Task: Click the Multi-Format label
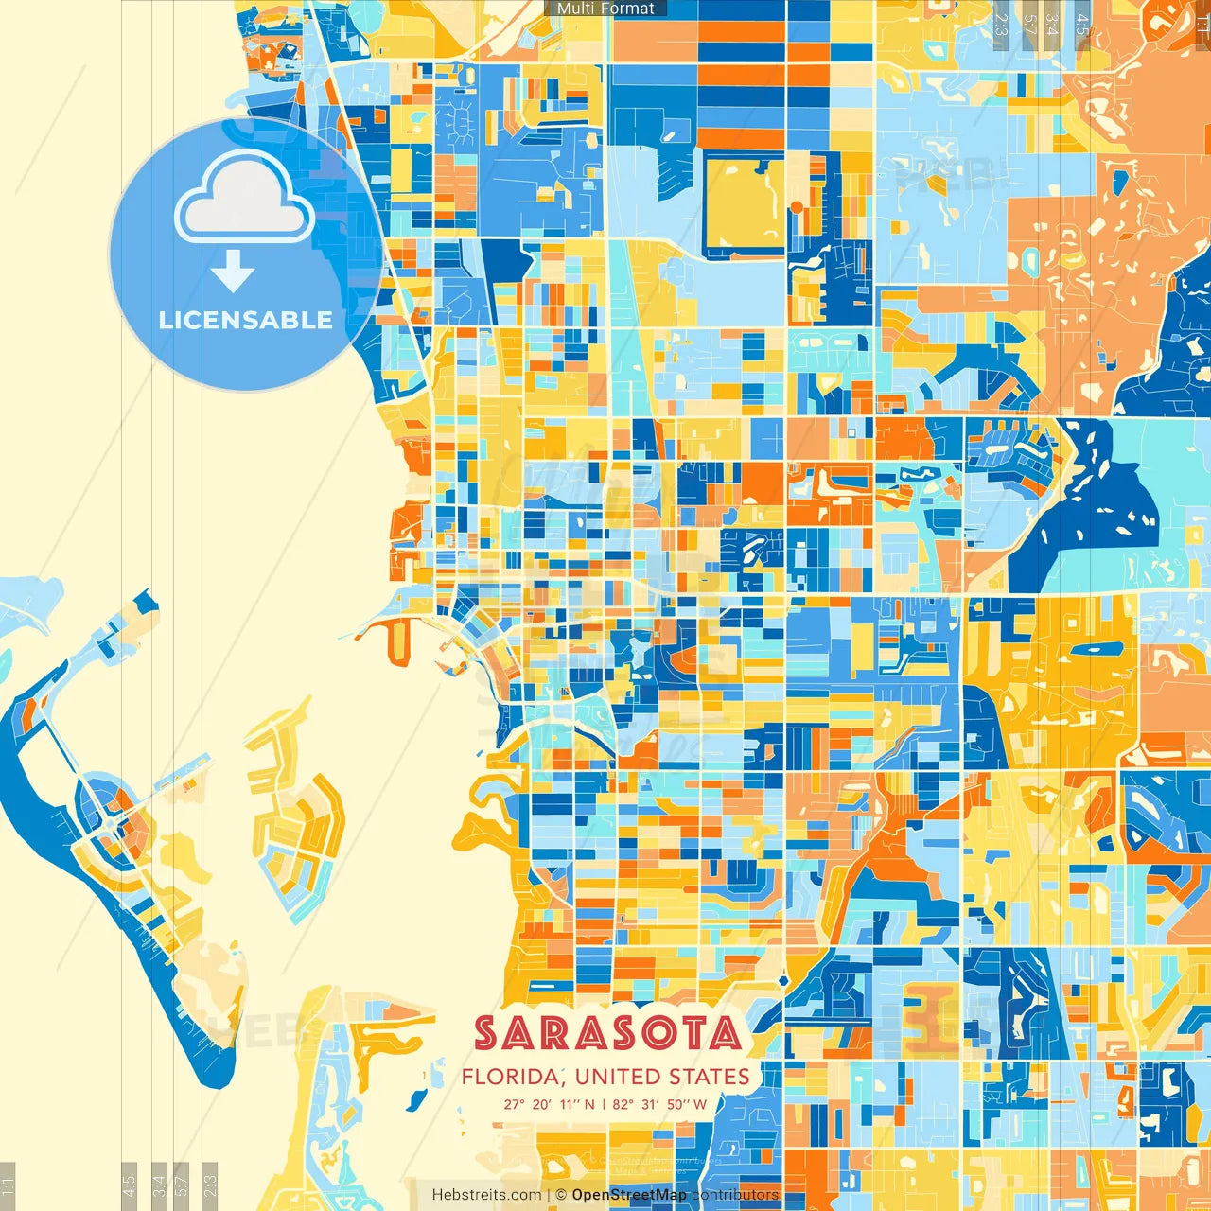tap(605, 9)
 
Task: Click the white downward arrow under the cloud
tap(233, 271)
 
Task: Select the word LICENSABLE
tap(245, 320)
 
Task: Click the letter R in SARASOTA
tap(546, 1033)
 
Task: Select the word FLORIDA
tap(510, 1077)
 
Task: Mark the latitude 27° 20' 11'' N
tap(549, 1104)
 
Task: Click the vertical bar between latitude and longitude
tap(604, 1104)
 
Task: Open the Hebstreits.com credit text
tap(487, 1195)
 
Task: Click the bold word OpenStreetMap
tap(629, 1195)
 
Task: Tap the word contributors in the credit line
tap(735, 1195)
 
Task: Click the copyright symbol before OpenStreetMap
tap(561, 1195)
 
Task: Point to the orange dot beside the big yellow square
tap(797, 207)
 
